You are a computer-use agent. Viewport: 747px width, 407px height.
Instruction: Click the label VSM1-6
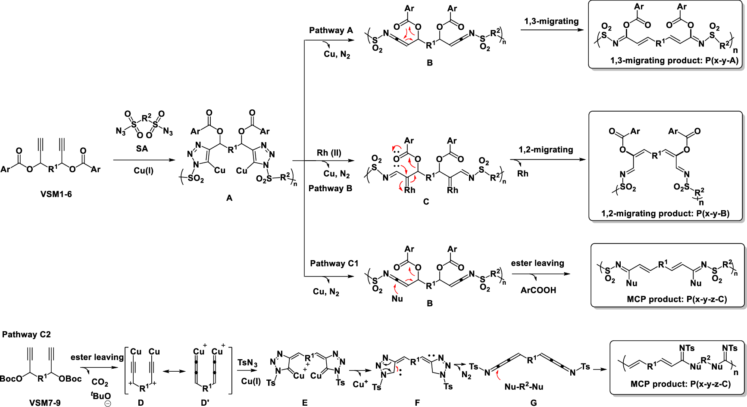56,194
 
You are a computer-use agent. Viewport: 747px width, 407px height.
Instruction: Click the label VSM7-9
45,403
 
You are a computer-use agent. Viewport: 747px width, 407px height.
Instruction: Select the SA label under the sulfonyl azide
142,149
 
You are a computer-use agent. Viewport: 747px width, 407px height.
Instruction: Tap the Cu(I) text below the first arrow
144,171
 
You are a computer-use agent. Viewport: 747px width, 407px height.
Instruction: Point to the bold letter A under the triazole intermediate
229,198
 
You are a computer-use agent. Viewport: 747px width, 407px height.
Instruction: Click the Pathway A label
331,30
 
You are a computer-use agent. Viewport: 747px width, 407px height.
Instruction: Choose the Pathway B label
330,188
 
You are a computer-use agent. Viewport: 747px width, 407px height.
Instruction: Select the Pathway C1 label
334,263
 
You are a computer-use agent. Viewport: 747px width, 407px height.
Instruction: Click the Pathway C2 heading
26,334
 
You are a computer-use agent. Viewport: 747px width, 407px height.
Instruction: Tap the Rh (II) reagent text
329,152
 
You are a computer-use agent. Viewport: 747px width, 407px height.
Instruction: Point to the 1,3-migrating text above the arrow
551,21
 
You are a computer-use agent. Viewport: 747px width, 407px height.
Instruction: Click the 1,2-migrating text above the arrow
546,149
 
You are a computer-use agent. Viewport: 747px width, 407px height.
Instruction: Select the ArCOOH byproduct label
538,290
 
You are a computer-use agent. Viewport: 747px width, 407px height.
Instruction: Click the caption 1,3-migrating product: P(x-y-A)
674,61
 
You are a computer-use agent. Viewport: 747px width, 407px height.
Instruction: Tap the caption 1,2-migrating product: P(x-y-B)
665,214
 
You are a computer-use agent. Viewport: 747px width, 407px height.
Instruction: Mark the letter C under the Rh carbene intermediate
426,202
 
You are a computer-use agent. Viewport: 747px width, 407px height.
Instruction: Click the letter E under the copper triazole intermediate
305,403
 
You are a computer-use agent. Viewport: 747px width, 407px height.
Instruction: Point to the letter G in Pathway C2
534,403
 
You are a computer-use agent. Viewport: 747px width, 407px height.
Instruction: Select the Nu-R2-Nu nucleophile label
524,387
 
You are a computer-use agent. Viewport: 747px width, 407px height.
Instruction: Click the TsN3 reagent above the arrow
247,363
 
